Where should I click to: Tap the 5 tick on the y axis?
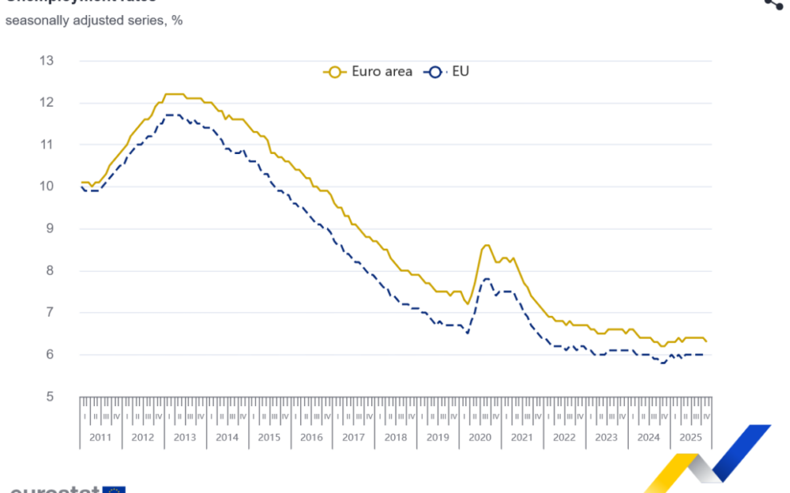[x=49, y=396]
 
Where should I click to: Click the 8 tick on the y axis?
[x=49, y=270]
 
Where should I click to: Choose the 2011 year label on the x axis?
[x=101, y=437]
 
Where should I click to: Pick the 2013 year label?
[x=184, y=437]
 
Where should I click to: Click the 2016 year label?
[x=311, y=437]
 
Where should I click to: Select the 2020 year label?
[x=480, y=437]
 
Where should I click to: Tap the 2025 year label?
[x=690, y=437]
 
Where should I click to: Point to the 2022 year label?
[x=564, y=437]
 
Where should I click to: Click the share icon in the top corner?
[x=772, y=4]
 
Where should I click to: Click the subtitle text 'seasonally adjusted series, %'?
[x=94, y=20]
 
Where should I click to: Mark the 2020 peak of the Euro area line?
[x=486, y=245]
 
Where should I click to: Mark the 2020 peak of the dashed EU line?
[x=487, y=278]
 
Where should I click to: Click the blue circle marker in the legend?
[x=435, y=72]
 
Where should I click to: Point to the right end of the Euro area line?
[x=706, y=341]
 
